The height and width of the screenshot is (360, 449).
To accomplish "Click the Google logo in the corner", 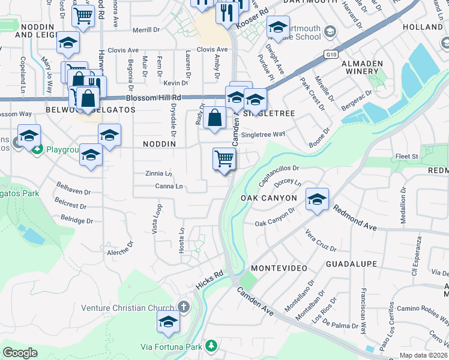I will (20, 352).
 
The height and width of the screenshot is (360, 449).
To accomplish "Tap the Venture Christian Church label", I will (127, 308).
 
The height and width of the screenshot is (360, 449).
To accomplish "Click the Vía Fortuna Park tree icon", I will (211, 346).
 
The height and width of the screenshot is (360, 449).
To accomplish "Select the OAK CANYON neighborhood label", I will (269, 197).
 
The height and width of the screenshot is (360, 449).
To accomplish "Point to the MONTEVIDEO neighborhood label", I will (279, 267).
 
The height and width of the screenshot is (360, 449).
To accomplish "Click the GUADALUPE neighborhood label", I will (351, 264).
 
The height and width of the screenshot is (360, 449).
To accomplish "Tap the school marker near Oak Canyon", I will (317, 200).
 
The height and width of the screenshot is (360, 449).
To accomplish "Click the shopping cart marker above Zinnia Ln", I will (224, 159).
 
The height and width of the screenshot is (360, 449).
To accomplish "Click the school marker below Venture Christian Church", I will (168, 322).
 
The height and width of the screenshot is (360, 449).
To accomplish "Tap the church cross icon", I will (183, 308).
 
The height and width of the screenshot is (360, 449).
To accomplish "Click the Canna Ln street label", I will (169, 187).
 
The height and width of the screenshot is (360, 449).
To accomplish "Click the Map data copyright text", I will (423, 355).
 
